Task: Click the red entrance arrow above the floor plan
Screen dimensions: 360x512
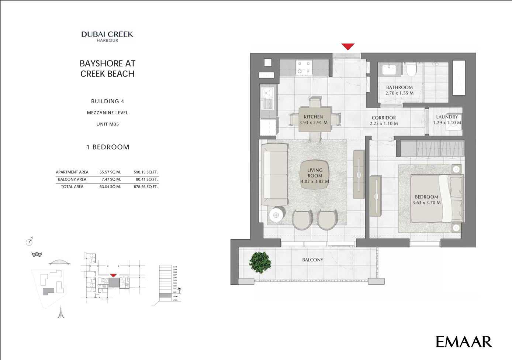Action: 348,47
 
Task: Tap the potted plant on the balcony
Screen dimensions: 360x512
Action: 260,262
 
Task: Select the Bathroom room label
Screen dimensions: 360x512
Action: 399,88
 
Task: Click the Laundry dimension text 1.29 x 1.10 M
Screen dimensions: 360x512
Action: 447,123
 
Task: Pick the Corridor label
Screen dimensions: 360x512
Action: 384,118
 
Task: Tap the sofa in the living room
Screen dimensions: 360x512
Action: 275,174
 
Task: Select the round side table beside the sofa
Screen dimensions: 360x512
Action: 276,215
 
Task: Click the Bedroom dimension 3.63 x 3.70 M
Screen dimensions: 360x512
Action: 426,203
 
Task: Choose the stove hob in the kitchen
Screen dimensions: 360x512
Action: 304,68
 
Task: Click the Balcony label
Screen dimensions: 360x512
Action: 312,260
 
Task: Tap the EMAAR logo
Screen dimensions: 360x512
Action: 464,342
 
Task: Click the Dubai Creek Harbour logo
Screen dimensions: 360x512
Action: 107,36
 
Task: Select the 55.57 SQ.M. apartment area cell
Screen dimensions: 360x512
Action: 110,172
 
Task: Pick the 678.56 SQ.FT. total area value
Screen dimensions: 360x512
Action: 146,187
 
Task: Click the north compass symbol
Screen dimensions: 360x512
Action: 30,242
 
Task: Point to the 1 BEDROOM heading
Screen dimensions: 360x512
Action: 108,147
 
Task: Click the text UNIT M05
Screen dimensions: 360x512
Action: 107,124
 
